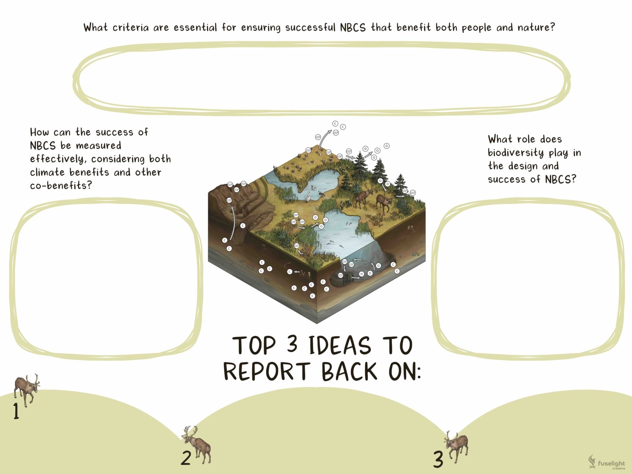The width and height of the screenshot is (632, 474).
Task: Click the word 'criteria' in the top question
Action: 131,27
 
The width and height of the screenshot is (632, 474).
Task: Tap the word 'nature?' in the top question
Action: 536,27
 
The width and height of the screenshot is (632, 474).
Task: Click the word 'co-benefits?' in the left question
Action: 61,186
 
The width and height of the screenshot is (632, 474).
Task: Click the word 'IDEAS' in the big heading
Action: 340,346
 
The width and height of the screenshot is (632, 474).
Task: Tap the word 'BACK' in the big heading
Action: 349,372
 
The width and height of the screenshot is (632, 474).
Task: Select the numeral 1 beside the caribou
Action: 16,411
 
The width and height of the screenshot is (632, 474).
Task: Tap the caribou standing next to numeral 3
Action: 457,447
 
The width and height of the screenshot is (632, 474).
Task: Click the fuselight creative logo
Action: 606,462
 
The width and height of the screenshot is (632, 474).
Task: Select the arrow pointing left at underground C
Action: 297,272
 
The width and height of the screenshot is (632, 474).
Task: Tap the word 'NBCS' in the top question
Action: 353,27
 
